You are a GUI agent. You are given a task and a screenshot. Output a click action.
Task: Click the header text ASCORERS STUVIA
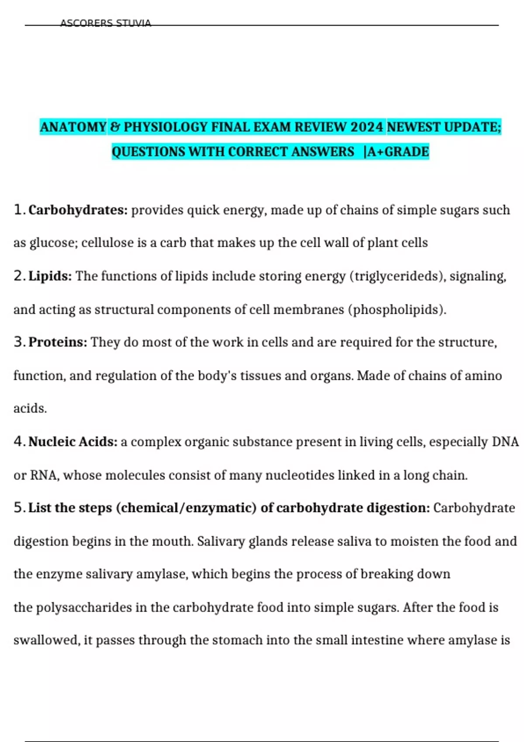[x=105, y=23]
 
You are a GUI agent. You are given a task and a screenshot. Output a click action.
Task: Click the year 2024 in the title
[x=366, y=127]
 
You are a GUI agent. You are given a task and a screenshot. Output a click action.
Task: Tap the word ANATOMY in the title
[x=73, y=127]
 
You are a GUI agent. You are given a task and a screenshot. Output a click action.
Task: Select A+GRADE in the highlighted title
[x=398, y=152]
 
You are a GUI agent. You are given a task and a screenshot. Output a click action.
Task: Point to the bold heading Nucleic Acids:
[x=73, y=442]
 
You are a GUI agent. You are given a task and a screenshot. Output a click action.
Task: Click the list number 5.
[x=19, y=508]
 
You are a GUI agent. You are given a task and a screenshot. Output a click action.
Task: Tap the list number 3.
[x=19, y=342]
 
